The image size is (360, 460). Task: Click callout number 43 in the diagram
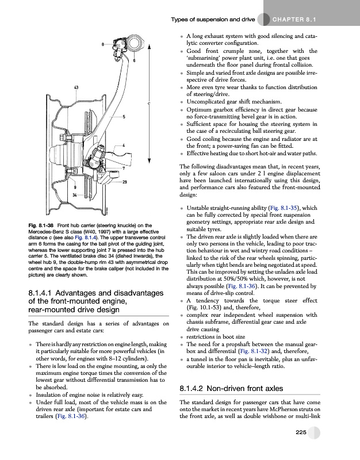[x=76, y=87]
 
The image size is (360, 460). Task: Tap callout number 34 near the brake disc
[x=75, y=195]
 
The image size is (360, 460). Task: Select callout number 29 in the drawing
[x=125, y=182]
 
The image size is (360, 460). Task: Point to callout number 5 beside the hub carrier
[x=124, y=117]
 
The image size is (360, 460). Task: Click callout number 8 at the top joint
[x=103, y=44]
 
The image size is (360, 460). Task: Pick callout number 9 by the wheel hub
[x=75, y=187]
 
